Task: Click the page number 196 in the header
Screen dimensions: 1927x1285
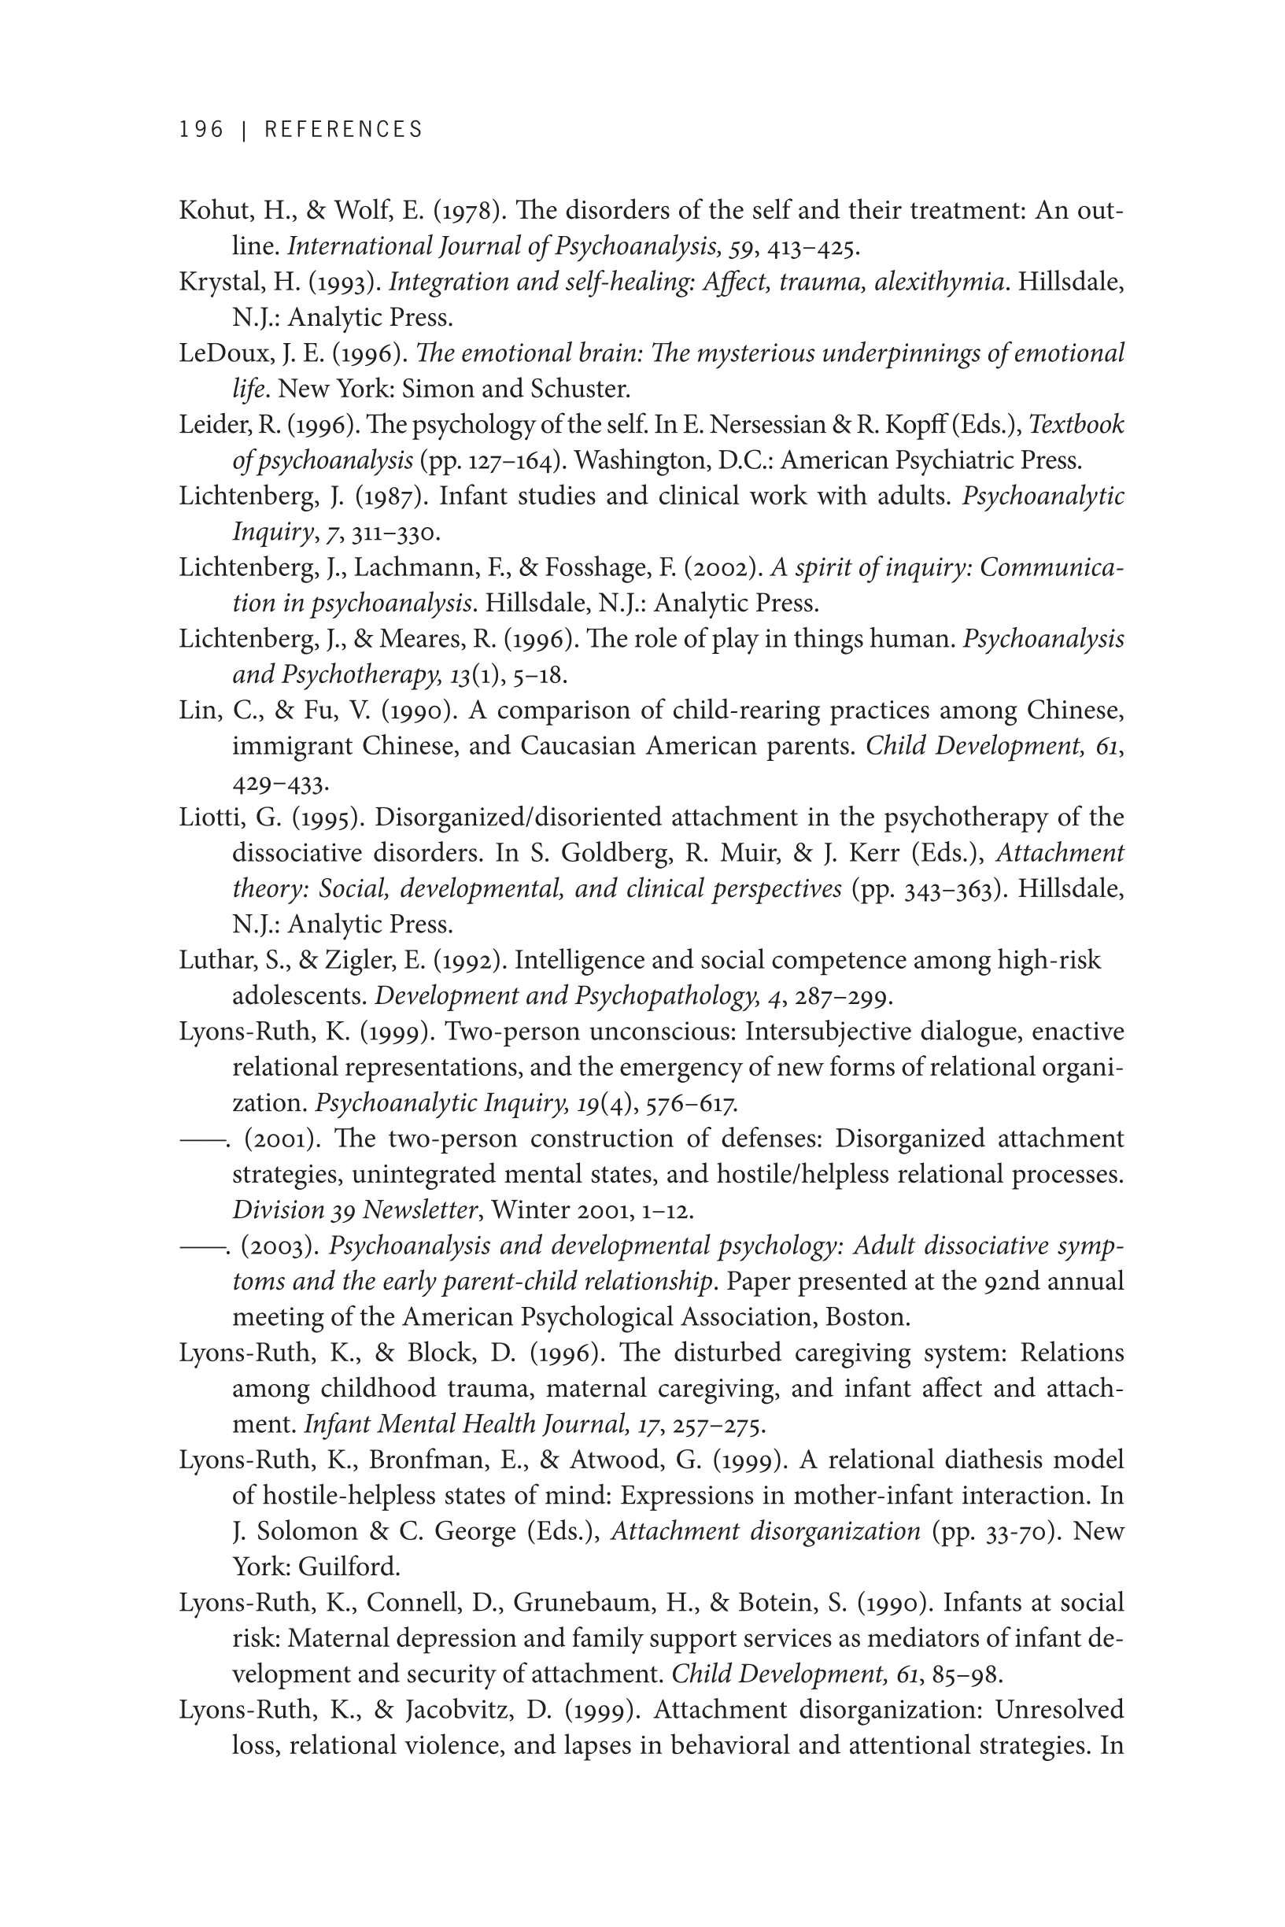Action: (x=201, y=130)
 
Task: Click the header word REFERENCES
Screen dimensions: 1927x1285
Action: (x=343, y=130)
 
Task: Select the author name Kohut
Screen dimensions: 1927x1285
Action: (x=214, y=211)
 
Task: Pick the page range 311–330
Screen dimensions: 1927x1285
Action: (x=396, y=533)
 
